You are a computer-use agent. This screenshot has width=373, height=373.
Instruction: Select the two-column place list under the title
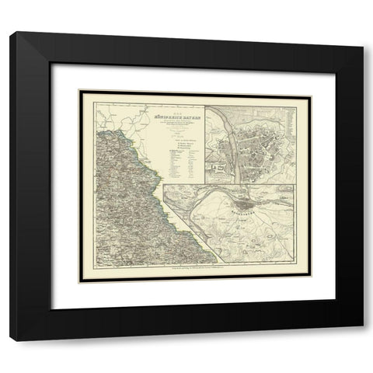(183, 159)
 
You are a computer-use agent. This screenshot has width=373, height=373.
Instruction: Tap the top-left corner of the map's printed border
(92, 96)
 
